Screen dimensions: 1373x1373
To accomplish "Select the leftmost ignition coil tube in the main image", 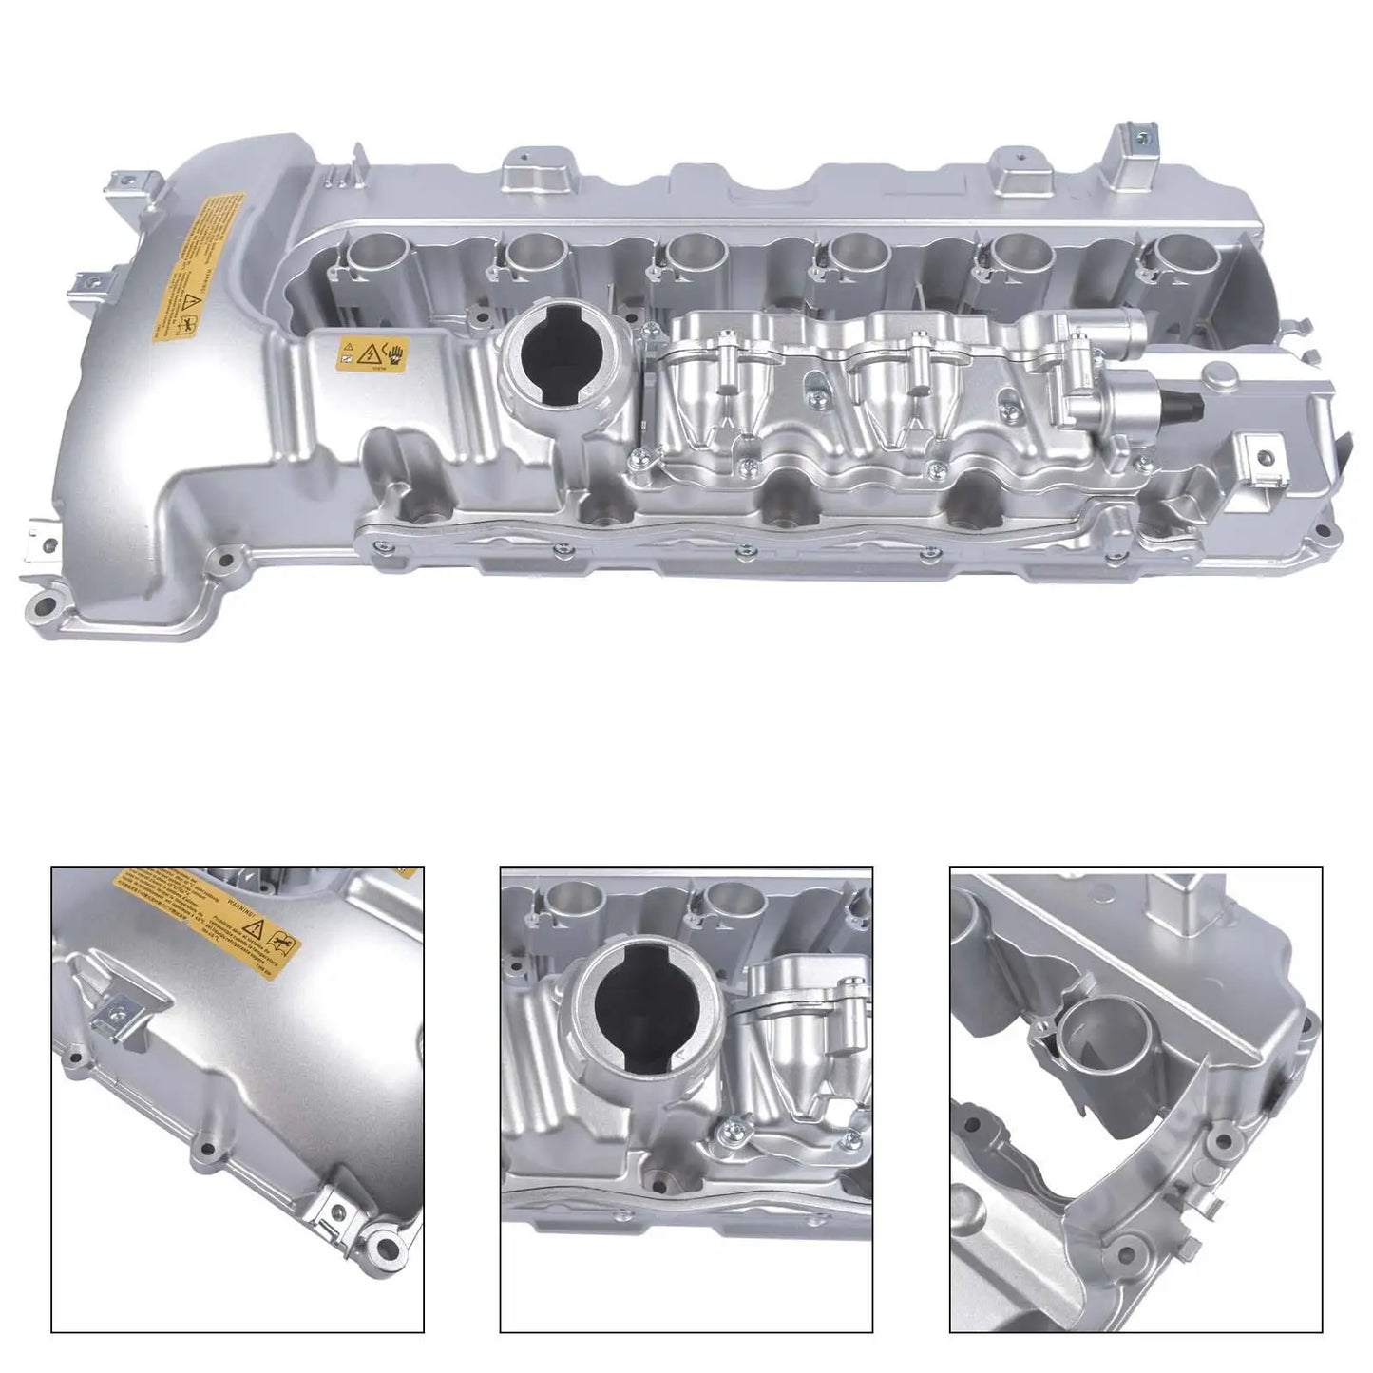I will pos(374,255).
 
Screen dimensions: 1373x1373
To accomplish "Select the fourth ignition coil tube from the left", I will pos(857,253).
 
